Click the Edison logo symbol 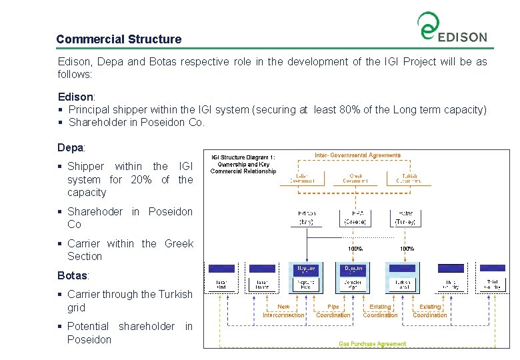(427, 26)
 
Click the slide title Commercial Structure (119, 39)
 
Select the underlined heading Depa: (71, 147)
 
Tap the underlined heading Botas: (73, 275)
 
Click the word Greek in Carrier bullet (179, 243)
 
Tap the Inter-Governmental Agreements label (357, 155)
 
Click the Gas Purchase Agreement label (372, 344)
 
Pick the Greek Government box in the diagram (355, 179)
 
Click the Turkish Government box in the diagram (407, 179)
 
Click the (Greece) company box (355, 218)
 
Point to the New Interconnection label (283, 311)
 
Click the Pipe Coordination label (333, 311)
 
